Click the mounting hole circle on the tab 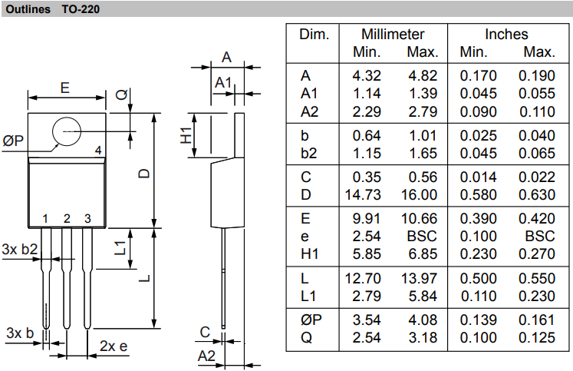pos(67,132)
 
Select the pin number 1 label pos(46,219)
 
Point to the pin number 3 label pos(87,219)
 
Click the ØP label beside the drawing pos(13,141)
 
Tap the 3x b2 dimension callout pos(20,250)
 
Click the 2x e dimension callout pos(114,346)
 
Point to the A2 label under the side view pos(206,356)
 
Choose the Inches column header pos(506,35)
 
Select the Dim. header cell pos(314,35)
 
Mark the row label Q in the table pos(305,338)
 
